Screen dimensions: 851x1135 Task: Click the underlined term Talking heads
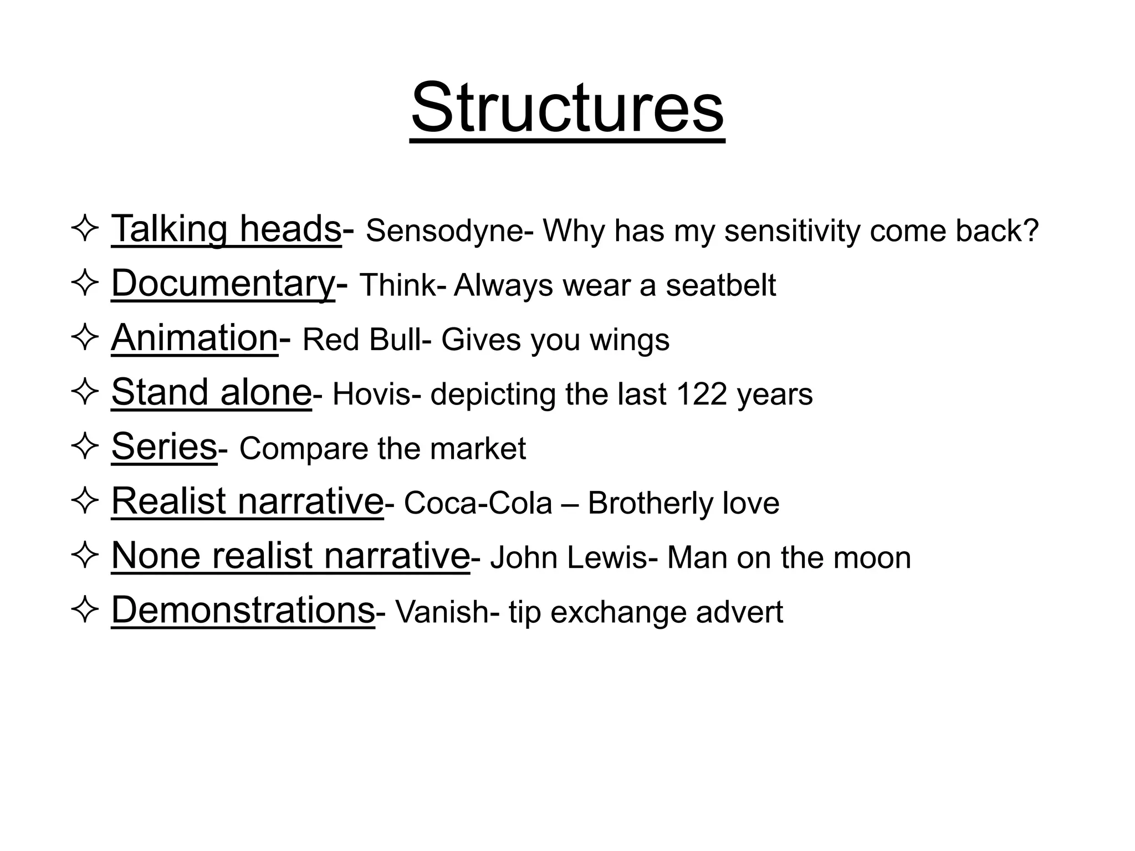pyautogui.click(x=226, y=228)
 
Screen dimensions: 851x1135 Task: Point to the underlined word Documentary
pyautogui.click(x=223, y=284)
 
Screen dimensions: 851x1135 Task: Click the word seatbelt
pyautogui.click(x=720, y=285)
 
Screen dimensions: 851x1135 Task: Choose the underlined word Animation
pyautogui.click(x=195, y=337)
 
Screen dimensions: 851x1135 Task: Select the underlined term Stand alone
pyautogui.click(x=211, y=392)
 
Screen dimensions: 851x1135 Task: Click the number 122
pyautogui.click(x=701, y=394)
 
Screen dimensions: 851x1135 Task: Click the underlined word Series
pyautogui.click(x=164, y=446)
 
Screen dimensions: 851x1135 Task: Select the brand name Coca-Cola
pyautogui.click(x=478, y=503)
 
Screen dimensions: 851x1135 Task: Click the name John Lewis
pyautogui.click(x=569, y=557)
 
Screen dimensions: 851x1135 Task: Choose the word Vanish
pyautogui.click(x=442, y=612)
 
